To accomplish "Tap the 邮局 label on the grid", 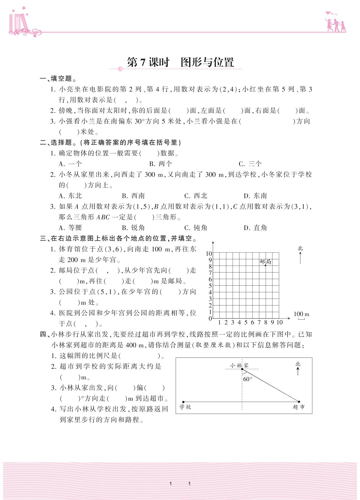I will pos(265,262).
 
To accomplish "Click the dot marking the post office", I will pos(265,265).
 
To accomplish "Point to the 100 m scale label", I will pos(301,314).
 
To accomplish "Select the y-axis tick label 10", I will pos(209,253).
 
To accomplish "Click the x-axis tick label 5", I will pos(246,323).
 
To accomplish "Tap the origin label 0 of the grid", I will pos(210,319).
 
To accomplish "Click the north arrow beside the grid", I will pos(300,257).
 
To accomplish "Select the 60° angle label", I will pos(248,379).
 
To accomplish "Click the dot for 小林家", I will pos(242,369).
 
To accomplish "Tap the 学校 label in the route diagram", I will pos(185,407).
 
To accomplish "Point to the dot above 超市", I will pos(299,402).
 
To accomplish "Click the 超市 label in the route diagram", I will pos(298,407).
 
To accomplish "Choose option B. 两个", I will pos(161,164).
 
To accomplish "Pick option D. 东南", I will pos(255,196).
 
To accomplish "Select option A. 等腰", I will pos(70,228).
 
